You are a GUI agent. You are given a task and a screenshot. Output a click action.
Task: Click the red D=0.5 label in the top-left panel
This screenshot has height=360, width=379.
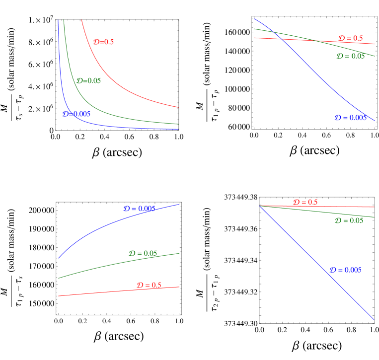tap(103, 42)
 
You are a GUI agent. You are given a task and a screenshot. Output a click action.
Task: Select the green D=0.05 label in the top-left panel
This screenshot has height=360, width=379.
tap(88, 80)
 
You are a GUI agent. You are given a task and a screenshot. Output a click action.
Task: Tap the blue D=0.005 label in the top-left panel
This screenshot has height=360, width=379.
tap(76, 114)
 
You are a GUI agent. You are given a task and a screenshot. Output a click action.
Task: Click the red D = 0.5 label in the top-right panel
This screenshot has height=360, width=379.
tap(350, 38)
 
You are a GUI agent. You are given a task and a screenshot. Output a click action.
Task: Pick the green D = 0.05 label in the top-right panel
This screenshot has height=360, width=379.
tap(350, 56)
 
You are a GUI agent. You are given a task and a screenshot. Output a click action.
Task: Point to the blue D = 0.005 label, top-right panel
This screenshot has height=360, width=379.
tap(350, 118)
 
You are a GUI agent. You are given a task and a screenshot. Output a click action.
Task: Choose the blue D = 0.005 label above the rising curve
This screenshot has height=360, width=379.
tap(140, 209)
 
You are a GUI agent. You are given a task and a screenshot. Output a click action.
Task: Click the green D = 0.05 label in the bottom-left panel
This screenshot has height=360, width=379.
tap(143, 253)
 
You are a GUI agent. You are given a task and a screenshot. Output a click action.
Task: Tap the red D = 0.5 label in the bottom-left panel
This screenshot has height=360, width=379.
tap(149, 285)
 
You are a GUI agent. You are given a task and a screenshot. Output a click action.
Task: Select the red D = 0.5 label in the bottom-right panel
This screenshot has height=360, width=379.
tap(305, 202)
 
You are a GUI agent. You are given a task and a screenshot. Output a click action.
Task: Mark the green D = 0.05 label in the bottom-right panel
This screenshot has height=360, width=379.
tap(349, 220)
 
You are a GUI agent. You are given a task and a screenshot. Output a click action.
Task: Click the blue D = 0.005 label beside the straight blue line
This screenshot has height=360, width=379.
tap(345, 270)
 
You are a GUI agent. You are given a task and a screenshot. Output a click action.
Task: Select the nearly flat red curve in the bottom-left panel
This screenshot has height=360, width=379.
tap(99, 292)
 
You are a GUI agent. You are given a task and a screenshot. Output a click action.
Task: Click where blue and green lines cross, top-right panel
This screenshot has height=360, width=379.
tap(275, 33)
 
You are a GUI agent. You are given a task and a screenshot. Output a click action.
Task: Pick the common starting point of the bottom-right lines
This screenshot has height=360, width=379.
tap(260, 206)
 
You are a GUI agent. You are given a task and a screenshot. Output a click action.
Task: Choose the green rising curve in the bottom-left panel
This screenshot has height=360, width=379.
tap(99, 267)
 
